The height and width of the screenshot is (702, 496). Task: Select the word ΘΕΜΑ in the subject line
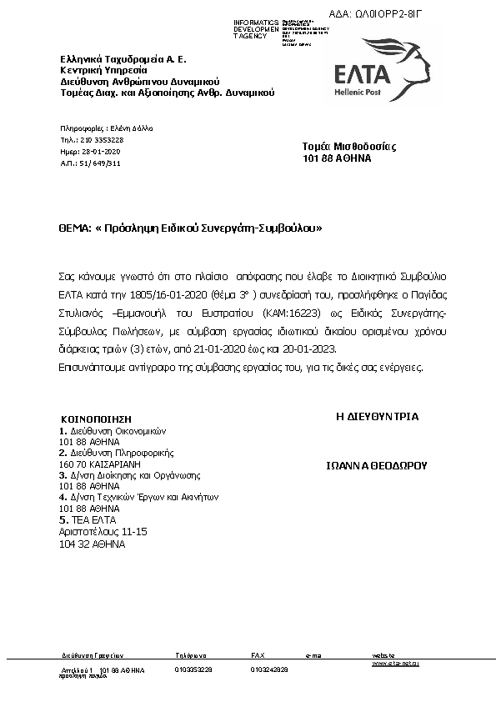pos(74,227)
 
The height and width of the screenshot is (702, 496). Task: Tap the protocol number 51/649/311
pos(102,163)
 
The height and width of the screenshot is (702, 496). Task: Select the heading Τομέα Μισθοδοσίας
pos(337,147)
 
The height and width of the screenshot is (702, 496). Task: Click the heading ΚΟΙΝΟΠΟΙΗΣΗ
pos(97,419)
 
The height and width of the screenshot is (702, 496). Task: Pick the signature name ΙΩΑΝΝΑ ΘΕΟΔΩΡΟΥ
pos(376,466)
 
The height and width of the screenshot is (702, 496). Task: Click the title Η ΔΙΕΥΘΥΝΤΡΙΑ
pos(377,417)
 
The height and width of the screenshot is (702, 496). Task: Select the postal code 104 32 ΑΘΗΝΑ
pos(92,543)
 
